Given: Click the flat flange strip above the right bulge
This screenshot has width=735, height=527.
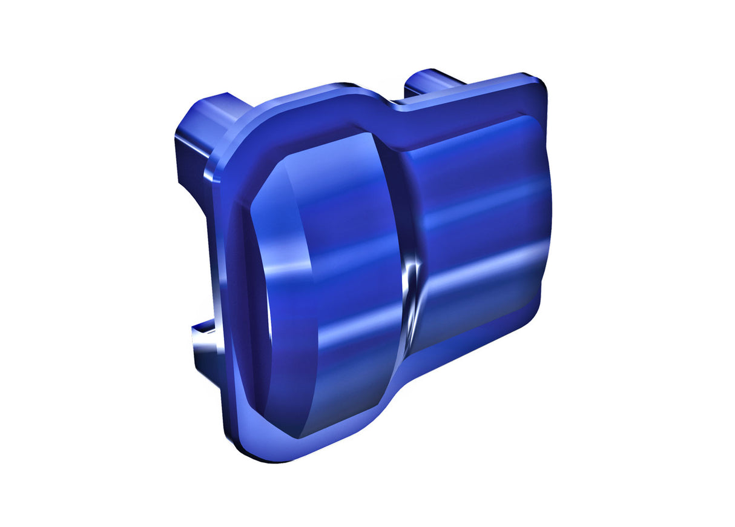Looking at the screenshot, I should point(472,112).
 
